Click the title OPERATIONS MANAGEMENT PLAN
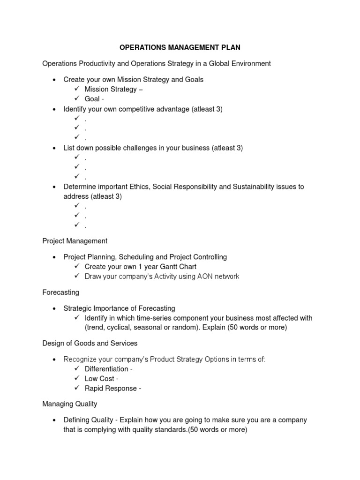(180, 47)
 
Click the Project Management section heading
(75, 241)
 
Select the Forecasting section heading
(60, 292)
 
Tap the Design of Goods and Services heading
(90, 343)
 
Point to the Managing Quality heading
(70, 404)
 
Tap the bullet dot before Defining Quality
(55, 420)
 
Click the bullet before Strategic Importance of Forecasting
(55, 309)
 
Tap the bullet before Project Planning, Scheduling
(55, 257)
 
